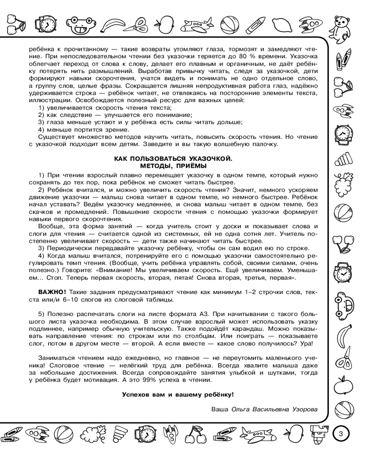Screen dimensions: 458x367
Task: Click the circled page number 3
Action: [x=340, y=432]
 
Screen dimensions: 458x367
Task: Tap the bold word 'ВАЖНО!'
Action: [x=52, y=292]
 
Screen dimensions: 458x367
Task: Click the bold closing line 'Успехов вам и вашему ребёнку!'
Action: [x=178, y=394]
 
